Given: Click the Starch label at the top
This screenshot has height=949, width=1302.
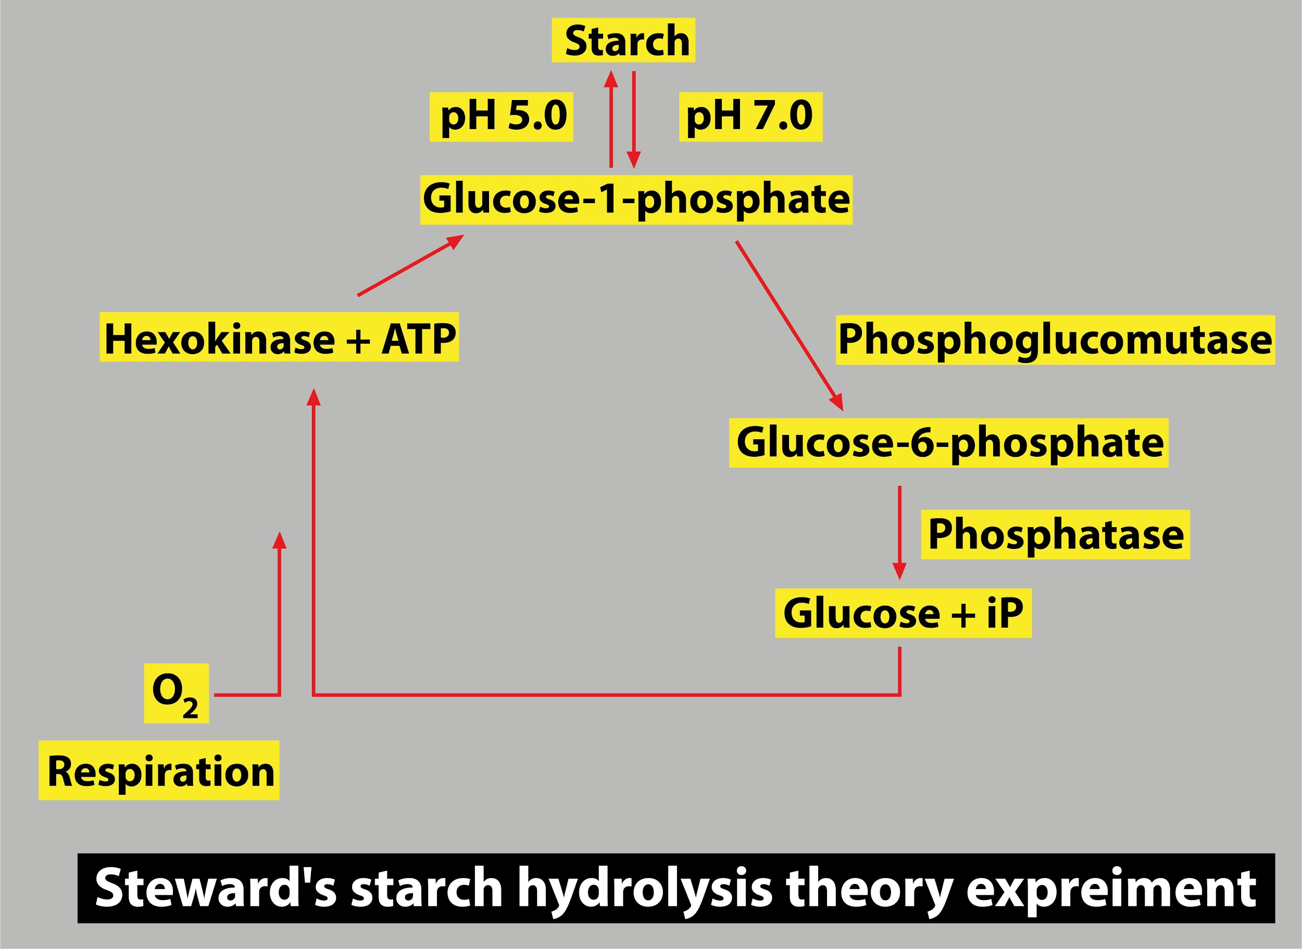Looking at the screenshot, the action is click(623, 40).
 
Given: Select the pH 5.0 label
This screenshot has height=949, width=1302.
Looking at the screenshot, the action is click(502, 117).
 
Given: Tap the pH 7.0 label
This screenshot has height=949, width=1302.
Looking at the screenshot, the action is click(750, 117).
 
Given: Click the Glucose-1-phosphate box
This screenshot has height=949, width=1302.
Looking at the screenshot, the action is click(636, 200).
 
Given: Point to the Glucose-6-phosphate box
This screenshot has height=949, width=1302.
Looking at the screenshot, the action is click(949, 443).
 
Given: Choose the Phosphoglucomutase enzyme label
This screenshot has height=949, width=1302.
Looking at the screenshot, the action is click(1055, 340).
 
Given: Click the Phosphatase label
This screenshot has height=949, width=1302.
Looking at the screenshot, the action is click(1056, 535).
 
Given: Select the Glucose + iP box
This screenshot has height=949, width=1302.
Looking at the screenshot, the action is click(904, 614).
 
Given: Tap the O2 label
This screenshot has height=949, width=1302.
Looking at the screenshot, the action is click(177, 693).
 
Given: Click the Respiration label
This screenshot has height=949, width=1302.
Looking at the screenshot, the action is click(159, 770).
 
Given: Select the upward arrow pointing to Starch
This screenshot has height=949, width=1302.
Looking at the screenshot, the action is click(611, 119).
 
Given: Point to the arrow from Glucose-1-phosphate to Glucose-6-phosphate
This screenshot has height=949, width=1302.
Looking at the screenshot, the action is click(790, 326).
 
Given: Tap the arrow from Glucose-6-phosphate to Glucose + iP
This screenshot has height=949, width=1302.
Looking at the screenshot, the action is click(899, 532).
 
